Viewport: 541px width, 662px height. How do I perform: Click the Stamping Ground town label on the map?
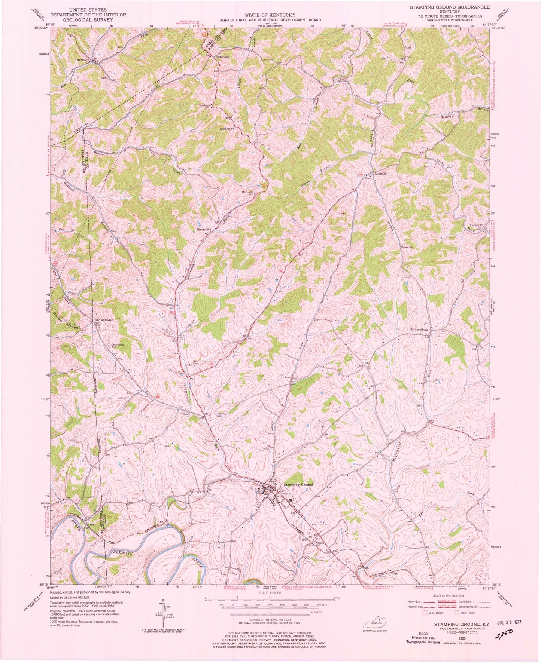pyautogui.click(x=298, y=485)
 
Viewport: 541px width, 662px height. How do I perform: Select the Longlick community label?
pyautogui.click(x=376, y=174)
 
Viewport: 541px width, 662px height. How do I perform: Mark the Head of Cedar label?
pyautogui.click(x=103, y=320)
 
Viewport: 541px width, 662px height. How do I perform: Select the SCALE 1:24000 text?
pyautogui.click(x=271, y=593)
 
